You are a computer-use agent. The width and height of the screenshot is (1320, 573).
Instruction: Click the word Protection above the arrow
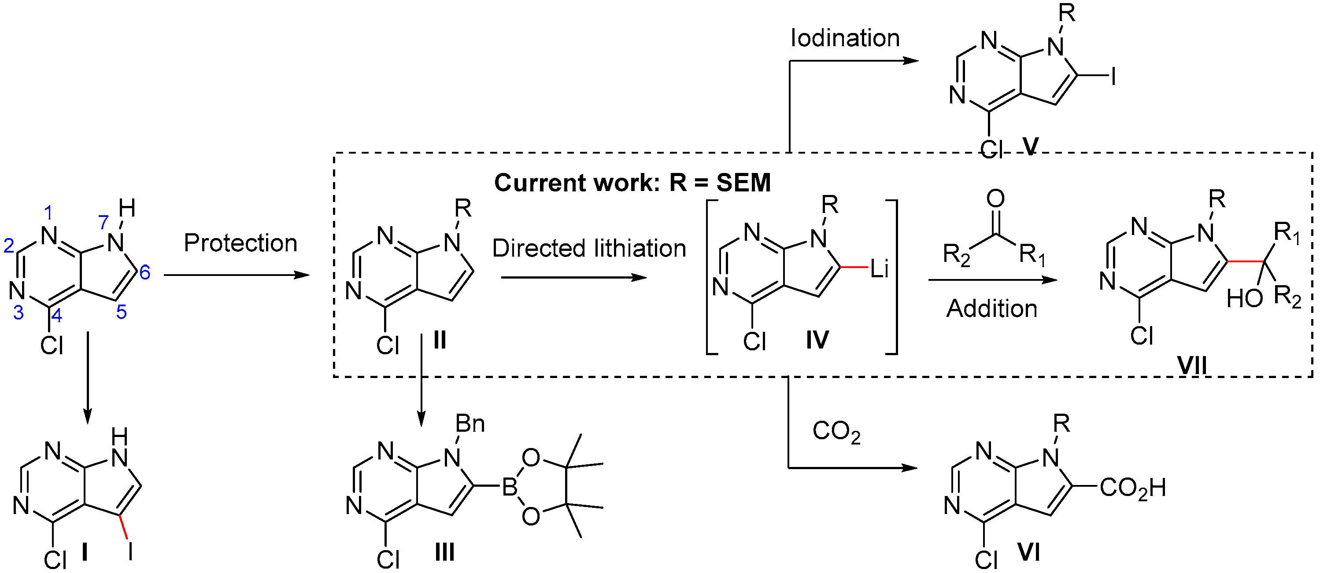240,243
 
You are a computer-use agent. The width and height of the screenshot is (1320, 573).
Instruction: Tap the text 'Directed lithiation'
589,248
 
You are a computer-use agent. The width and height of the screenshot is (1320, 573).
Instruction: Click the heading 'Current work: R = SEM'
632,183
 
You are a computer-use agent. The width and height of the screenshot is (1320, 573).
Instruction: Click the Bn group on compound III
470,423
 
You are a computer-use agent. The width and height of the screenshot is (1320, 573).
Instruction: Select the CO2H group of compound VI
1132,488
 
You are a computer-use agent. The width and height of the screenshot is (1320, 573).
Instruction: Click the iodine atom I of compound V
1113,77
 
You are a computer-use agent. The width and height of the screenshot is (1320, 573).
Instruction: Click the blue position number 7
104,222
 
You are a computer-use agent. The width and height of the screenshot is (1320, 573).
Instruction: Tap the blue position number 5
122,312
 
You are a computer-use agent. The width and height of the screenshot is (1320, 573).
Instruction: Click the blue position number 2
9,246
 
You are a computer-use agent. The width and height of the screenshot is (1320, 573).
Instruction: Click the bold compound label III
444,552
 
